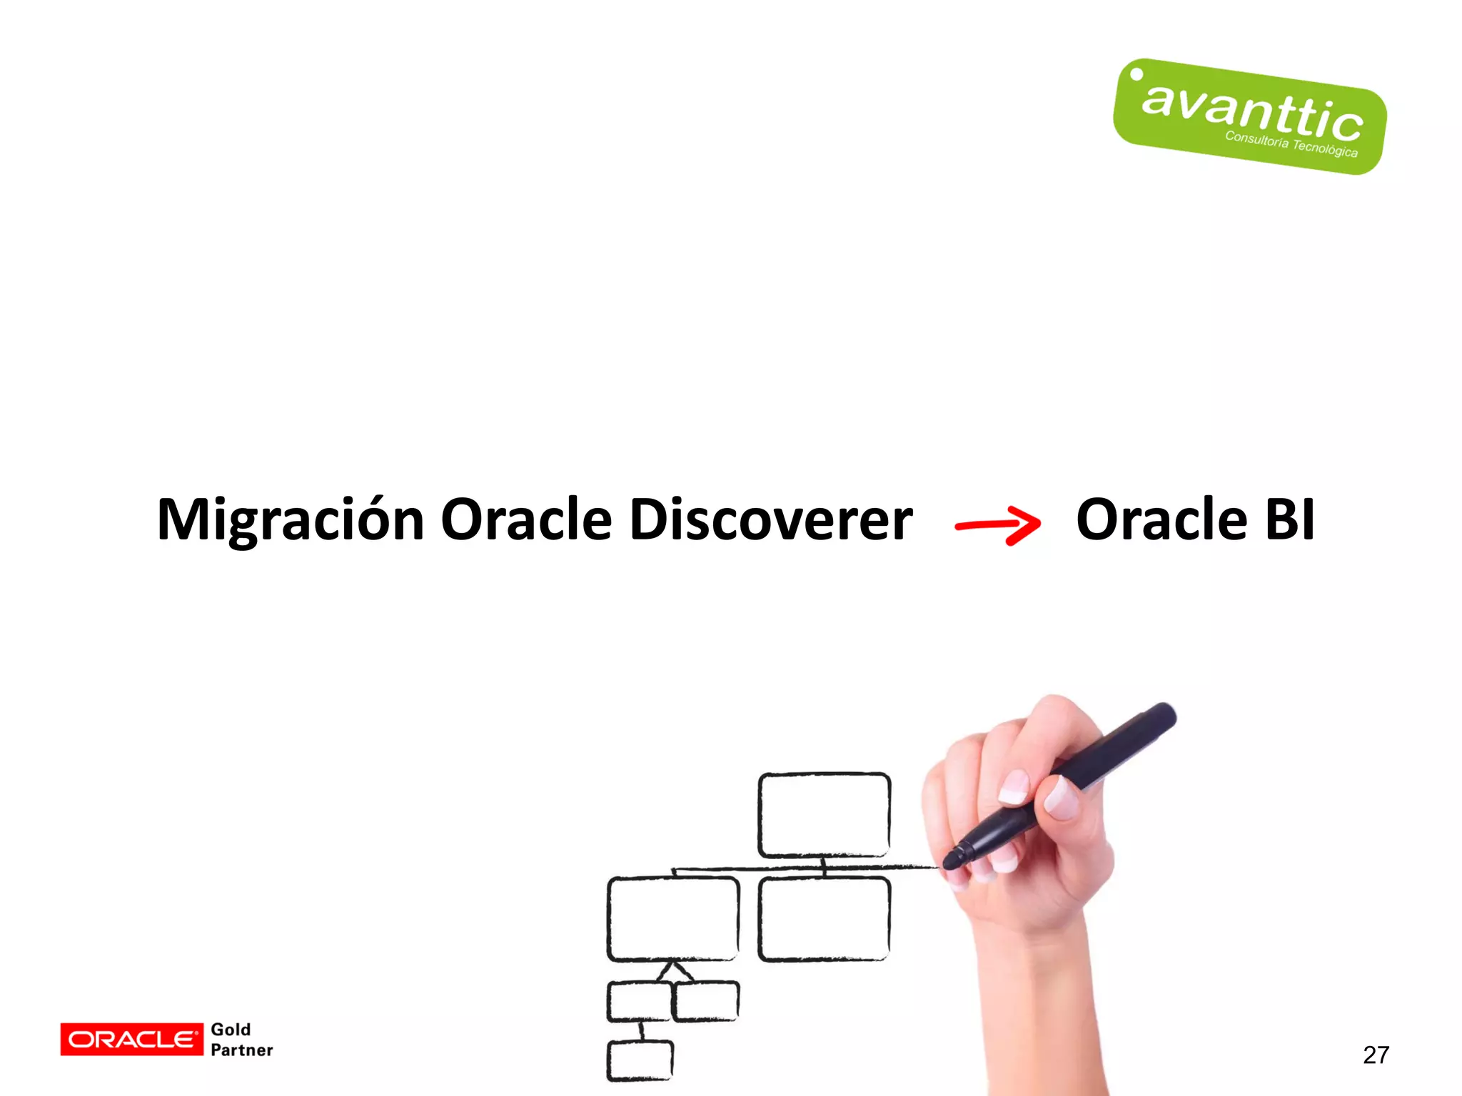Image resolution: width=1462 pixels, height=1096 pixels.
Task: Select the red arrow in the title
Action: [998, 525]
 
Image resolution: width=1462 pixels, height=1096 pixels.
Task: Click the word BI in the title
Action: [1289, 519]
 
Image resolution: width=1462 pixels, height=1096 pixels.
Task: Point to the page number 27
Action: [1376, 1055]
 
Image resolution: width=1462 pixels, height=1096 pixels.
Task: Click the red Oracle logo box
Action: [131, 1039]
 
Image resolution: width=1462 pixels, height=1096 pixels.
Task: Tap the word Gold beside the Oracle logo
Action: [231, 1029]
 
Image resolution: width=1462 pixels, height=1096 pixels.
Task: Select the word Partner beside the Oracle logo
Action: [242, 1050]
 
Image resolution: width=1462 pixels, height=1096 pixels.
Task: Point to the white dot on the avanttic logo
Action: [1136, 74]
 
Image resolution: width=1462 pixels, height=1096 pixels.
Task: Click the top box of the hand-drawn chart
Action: [824, 814]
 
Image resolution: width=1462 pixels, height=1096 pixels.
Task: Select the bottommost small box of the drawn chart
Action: [640, 1060]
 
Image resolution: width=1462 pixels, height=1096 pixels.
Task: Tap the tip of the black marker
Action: [949, 862]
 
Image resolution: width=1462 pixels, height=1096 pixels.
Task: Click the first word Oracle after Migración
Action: [526, 519]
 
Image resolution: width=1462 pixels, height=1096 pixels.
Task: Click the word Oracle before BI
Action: [1161, 519]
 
